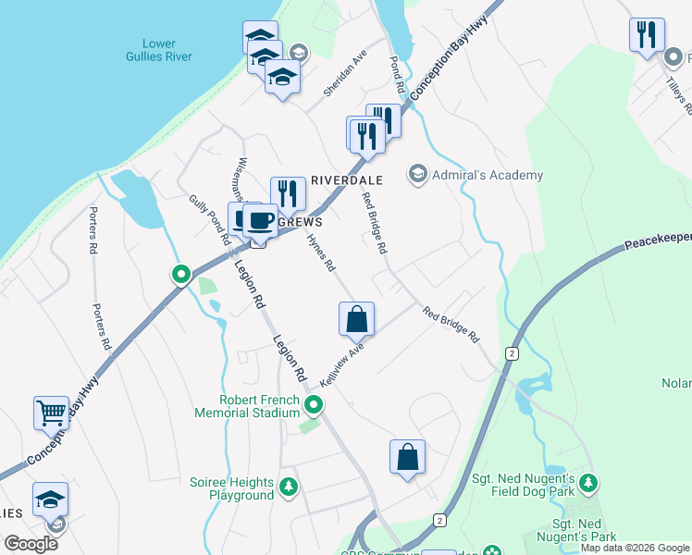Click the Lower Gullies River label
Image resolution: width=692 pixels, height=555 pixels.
167,50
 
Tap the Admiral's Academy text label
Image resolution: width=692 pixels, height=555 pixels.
488,175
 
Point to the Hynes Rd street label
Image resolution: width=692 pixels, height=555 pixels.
320,251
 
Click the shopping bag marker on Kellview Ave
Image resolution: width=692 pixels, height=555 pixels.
356,320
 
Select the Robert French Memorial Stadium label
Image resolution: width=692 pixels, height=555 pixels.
247,405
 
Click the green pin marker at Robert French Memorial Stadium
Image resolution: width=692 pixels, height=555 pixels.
315,405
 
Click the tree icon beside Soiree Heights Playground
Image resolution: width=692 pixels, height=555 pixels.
289,485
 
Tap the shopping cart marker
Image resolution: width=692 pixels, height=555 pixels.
51,413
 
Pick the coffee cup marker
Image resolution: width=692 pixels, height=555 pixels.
260,222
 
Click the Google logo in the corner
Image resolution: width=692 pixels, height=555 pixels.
31,543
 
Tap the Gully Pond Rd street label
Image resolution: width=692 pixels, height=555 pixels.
211,218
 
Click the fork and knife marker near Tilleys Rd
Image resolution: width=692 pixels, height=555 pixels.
646,36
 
